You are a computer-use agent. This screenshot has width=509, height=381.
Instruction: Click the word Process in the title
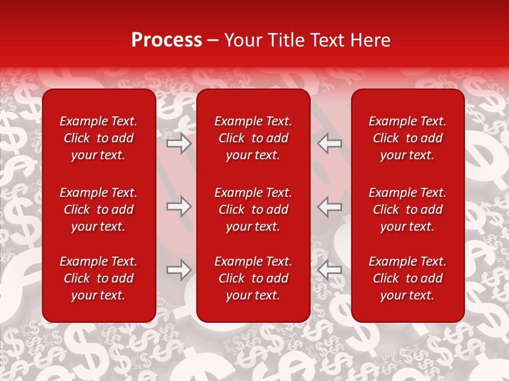tap(166, 40)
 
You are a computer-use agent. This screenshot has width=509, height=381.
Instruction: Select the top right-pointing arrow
tap(179, 143)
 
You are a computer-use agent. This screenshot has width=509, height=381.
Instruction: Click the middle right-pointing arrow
tap(179, 206)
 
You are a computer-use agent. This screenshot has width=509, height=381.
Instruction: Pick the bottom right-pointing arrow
tap(179, 270)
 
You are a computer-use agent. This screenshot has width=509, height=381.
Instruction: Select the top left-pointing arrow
tap(329, 143)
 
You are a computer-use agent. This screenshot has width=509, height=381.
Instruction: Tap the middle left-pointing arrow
tap(329, 206)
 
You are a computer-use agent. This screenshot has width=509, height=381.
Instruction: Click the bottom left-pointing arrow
tap(329, 270)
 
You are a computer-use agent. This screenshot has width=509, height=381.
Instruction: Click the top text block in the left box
tap(99, 138)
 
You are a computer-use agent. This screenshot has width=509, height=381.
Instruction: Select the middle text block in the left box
tap(99, 210)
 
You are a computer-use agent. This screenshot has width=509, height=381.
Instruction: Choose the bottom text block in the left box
tap(99, 278)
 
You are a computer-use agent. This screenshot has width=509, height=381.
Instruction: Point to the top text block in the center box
tap(253, 138)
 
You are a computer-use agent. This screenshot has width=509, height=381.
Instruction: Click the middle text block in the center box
tap(253, 210)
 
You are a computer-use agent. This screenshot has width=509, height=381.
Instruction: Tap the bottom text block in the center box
tap(253, 278)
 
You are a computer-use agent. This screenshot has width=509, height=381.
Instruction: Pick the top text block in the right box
tap(407, 138)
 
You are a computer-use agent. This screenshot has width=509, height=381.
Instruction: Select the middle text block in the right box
tap(407, 210)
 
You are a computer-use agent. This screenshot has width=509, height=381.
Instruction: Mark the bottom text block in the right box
tap(407, 278)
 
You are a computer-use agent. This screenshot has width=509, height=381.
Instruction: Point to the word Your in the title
tap(242, 40)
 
